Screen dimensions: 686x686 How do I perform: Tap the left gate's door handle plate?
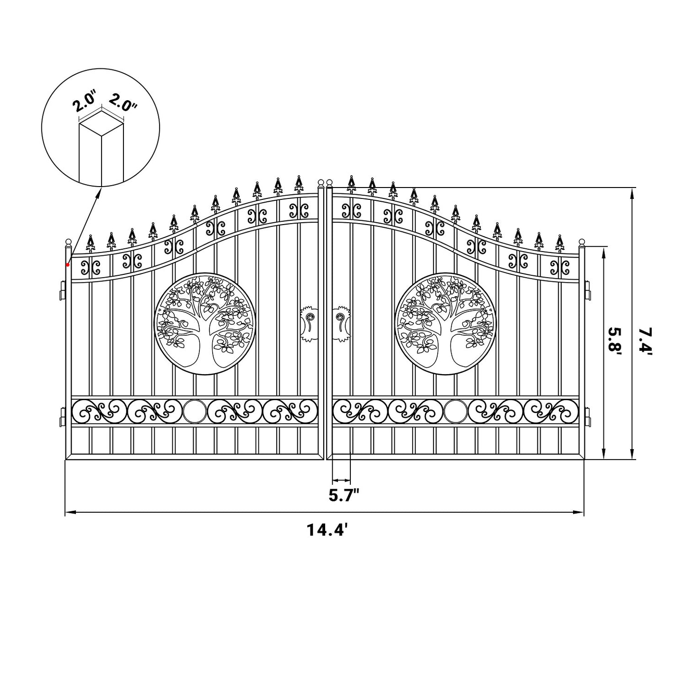[307, 323]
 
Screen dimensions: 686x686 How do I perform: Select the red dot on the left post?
[68, 264]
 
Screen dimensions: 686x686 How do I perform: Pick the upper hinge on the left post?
[62, 290]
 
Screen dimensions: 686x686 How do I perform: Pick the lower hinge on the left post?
[62, 416]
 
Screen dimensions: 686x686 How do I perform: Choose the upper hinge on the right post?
[588, 290]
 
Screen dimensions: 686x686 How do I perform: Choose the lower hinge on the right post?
[588, 416]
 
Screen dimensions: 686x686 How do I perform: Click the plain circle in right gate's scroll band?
[455, 411]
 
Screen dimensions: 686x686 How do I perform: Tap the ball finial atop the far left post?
[68, 243]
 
